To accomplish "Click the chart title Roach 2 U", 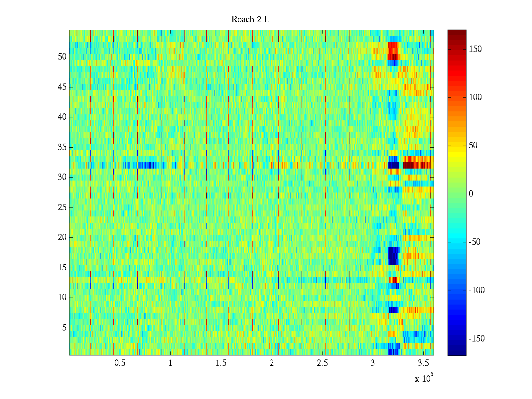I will point(251,20).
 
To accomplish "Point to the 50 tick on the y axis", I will point(62,57).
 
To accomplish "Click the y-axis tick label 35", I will point(62,147).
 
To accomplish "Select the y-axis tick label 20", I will point(62,237).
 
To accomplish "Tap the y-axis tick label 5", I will point(64,328).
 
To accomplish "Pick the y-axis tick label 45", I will point(62,87).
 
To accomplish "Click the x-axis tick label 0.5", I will point(120,363).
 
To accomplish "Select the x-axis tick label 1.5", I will point(221,363).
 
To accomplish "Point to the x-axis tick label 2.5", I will point(322,363).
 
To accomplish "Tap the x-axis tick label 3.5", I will point(423,363).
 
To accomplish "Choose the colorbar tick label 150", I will point(475,49).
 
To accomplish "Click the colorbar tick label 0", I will point(471,194).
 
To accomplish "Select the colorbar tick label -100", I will point(476,291).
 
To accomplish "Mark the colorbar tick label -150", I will point(476,339).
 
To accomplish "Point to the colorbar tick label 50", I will point(473,146).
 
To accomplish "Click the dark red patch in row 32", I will point(417,165).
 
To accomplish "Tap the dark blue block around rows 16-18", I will point(393,256).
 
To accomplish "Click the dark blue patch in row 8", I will point(393,310).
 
